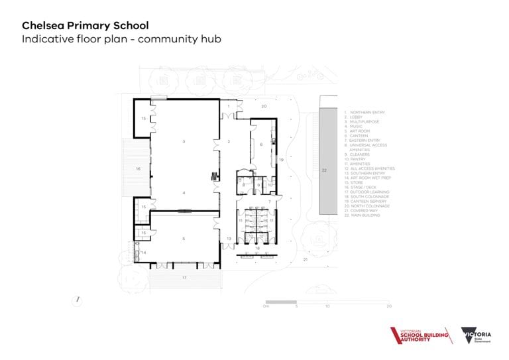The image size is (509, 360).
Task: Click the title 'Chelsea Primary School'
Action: click(x=85, y=25)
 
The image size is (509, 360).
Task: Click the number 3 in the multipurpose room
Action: click(x=184, y=142)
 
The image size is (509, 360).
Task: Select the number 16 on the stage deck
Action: click(x=138, y=170)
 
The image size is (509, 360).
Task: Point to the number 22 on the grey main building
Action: click(x=325, y=170)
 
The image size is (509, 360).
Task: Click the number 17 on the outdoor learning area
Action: click(x=184, y=278)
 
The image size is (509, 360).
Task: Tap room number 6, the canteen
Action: click(x=261, y=144)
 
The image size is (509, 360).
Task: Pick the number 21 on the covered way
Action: click(x=306, y=261)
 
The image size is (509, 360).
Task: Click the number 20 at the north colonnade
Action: click(x=263, y=106)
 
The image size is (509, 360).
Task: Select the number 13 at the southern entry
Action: click(x=229, y=238)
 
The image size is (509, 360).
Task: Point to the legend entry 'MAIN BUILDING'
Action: click(x=365, y=215)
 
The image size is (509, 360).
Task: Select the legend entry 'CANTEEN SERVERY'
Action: click(x=368, y=202)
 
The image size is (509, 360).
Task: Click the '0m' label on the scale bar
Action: click(x=266, y=307)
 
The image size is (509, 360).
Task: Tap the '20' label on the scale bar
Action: click(x=389, y=307)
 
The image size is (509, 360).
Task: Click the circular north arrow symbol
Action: click(x=78, y=300)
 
